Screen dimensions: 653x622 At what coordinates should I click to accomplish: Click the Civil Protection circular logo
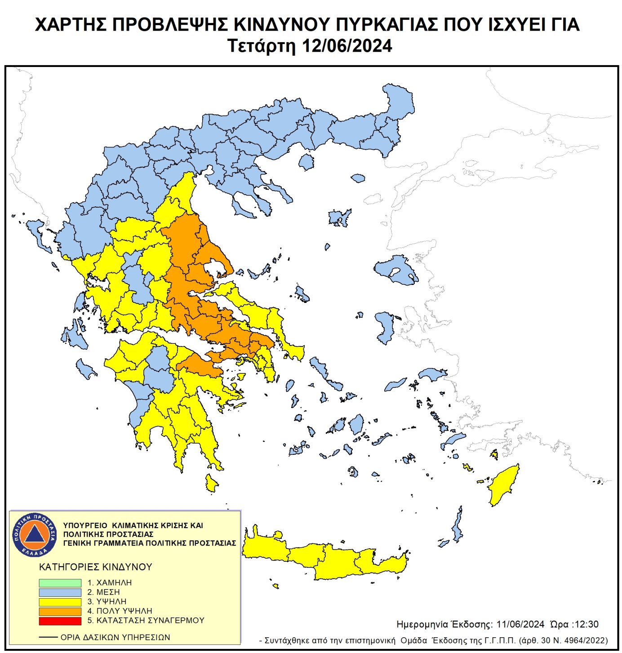point(35,534)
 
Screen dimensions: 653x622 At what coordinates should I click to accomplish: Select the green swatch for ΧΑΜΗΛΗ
point(60,582)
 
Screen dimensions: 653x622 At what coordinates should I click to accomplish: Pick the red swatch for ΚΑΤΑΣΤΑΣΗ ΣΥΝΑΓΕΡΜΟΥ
point(60,621)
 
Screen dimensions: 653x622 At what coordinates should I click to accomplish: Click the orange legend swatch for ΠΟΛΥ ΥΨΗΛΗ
point(60,611)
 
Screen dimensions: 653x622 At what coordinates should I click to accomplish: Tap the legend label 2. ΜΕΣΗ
point(103,592)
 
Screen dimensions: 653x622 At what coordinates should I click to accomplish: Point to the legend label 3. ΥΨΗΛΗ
point(107,602)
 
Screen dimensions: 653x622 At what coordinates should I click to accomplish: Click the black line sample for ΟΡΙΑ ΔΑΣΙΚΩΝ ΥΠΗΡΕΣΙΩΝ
point(48,637)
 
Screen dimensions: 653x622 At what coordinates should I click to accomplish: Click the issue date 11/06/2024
point(520,624)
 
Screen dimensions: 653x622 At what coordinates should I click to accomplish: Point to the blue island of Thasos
point(307,162)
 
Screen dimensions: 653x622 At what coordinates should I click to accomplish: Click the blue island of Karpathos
point(458,526)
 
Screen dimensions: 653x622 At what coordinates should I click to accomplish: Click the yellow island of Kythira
point(211,483)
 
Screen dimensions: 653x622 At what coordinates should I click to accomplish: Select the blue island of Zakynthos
point(84,369)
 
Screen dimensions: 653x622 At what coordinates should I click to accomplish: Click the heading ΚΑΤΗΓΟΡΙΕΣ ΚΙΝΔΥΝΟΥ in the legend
point(95,567)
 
